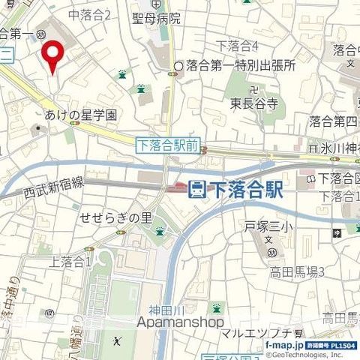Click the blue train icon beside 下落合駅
pos(196,189)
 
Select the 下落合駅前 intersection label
pos(167,146)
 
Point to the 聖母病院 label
pos(156,17)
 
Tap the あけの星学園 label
pos(81,115)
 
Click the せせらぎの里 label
pos(116,217)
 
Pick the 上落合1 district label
pos(70,262)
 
